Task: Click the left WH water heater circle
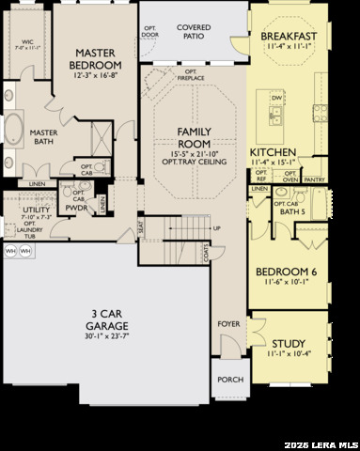(x=9, y=252)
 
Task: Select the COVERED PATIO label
(x=194, y=34)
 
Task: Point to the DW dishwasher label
(x=276, y=97)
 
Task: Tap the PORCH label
(x=230, y=380)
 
